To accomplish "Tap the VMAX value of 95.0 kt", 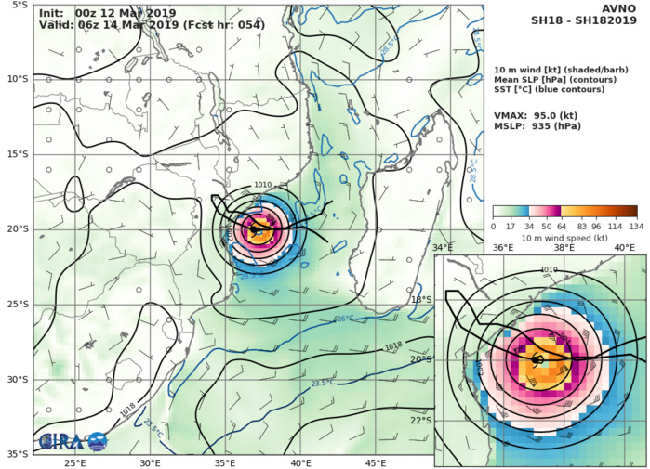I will (536, 115).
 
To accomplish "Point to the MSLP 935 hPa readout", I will (536, 129).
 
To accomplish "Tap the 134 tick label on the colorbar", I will (637, 227).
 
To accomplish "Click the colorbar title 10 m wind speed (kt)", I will (564, 239).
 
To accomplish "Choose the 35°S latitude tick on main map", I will (17, 454).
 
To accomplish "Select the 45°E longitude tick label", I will (376, 462).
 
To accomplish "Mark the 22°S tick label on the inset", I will (422, 420).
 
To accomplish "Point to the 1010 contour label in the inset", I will (549, 269).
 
